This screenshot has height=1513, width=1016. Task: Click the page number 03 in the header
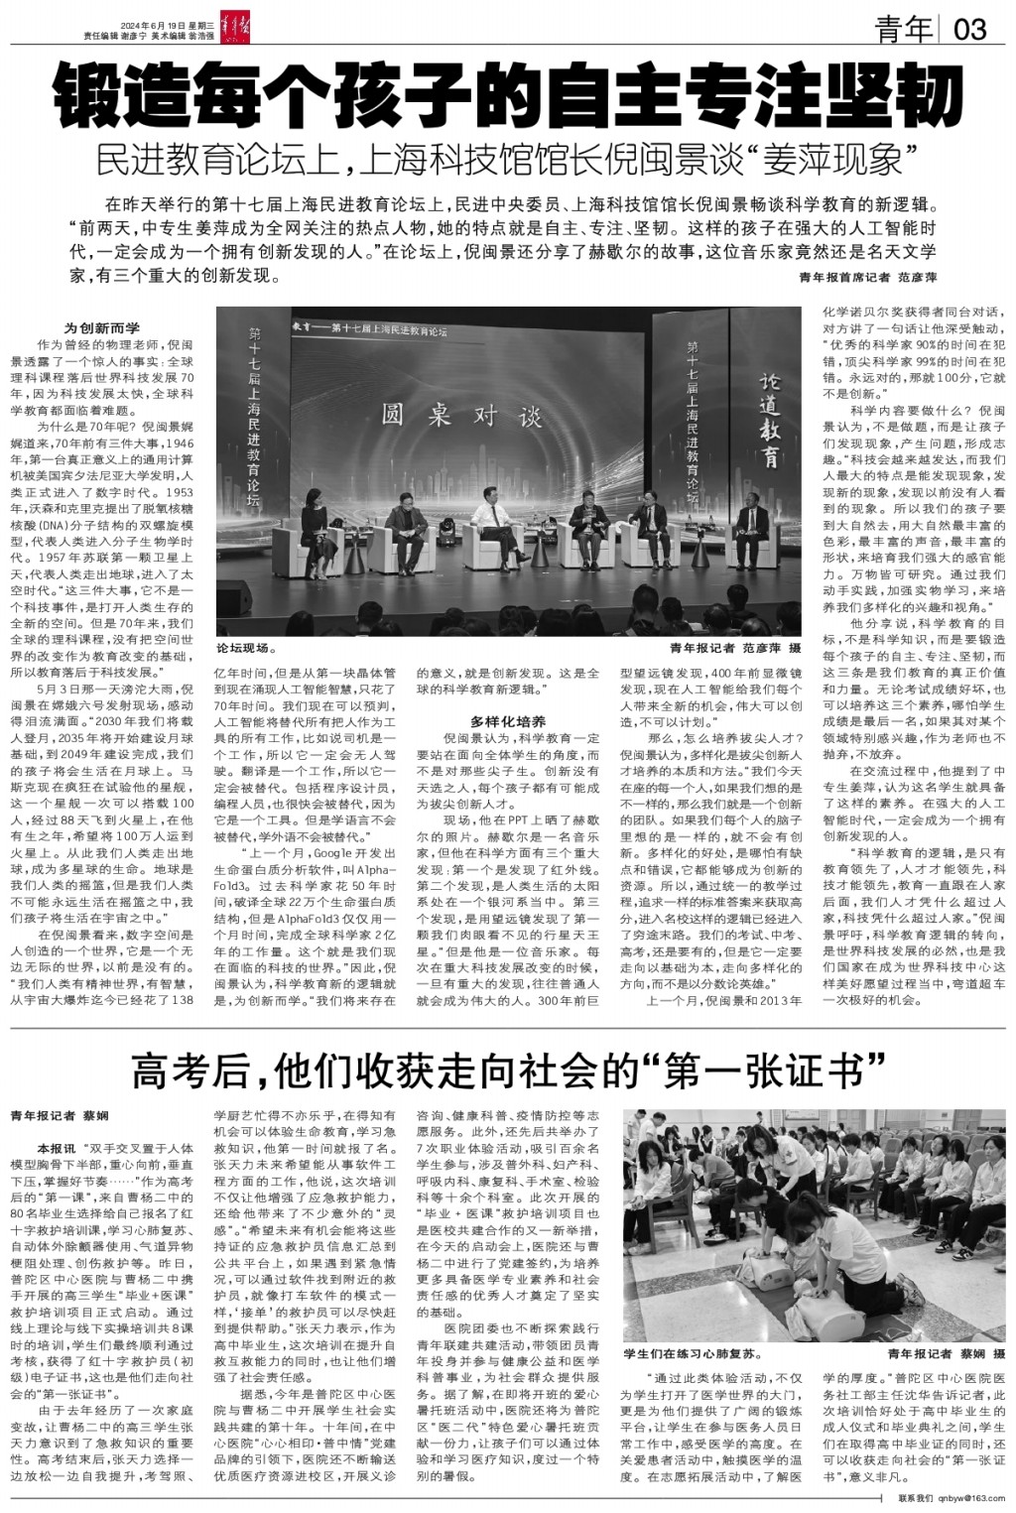pyautogui.click(x=970, y=30)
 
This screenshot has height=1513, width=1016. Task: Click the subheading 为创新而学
pyautogui.click(x=102, y=328)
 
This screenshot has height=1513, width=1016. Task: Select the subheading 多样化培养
pyautogui.click(x=507, y=721)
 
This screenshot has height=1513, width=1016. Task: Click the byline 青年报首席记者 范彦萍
pyautogui.click(x=867, y=279)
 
